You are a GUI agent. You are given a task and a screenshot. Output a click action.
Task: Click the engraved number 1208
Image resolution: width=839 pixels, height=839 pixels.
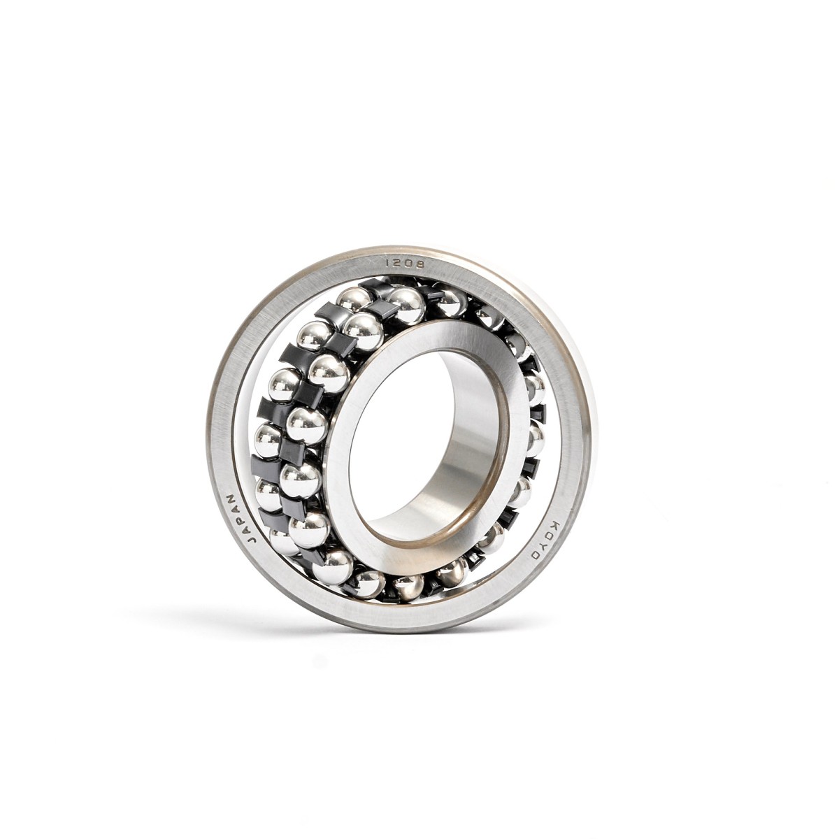pos(403,264)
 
